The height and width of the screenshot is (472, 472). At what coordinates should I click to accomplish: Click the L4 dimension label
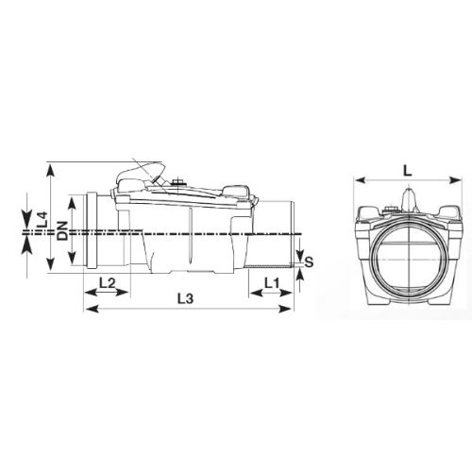(x=42, y=219)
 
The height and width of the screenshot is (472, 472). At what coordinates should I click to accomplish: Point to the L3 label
(x=186, y=299)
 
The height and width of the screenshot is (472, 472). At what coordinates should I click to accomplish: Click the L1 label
(x=271, y=282)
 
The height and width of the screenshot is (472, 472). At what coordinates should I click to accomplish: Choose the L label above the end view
(x=405, y=170)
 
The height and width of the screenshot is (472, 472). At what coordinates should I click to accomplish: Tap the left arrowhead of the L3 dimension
(x=88, y=308)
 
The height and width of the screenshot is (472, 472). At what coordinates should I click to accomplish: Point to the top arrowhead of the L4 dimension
(x=49, y=169)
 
